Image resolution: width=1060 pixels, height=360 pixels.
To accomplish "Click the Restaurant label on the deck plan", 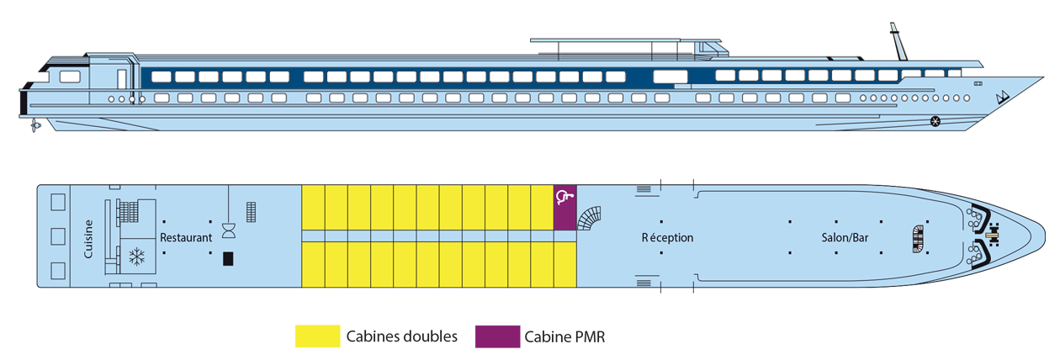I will tap(186, 238).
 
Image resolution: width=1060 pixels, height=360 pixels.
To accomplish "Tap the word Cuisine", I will tap(88, 238).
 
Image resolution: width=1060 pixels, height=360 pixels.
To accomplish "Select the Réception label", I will tap(668, 238).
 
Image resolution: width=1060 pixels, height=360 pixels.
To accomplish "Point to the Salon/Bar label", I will tap(845, 238).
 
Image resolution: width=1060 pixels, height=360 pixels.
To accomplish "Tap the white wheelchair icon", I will tap(564, 198).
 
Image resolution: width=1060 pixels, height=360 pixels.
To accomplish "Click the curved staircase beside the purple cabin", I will tap(590, 220).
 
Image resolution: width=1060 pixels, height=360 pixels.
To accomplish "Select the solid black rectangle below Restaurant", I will tap(227, 258).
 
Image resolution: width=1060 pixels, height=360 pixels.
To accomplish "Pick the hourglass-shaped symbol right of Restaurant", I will tap(228, 229).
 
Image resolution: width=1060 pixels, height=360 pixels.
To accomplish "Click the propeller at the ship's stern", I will tap(34, 126).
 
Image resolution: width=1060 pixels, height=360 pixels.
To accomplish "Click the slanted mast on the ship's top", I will tap(898, 42).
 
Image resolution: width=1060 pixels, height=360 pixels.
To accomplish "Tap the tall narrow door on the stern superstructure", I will tap(121, 81).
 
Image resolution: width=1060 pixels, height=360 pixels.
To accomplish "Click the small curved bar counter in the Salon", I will tap(917, 238).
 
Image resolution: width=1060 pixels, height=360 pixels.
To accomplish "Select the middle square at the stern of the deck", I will tap(58, 236).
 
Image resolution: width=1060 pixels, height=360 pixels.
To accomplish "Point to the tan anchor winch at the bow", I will tap(993, 226).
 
